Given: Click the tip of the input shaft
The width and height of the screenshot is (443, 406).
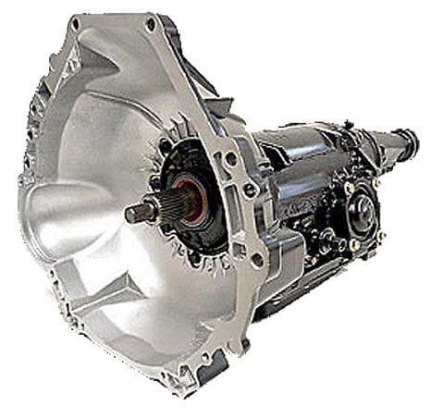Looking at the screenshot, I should [x=129, y=213].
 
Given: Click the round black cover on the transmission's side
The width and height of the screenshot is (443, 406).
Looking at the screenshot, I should [x=362, y=207].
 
